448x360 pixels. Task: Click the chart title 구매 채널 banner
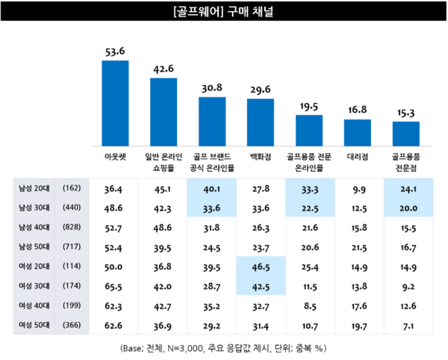click(x=224, y=13)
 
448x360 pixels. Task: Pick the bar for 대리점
click(x=358, y=132)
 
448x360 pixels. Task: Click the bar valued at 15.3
click(x=405, y=134)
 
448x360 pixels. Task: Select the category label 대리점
click(x=358, y=158)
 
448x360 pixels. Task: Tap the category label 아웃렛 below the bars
click(x=115, y=158)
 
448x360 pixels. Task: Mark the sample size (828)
click(x=72, y=228)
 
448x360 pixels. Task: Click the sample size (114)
click(x=72, y=267)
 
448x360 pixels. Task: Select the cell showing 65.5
click(x=115, y=286)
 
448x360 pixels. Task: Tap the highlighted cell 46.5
click(x=261, y=267)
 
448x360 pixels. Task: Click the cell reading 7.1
click(x=405, y=325)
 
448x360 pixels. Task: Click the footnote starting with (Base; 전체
click(x=223, y=348)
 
